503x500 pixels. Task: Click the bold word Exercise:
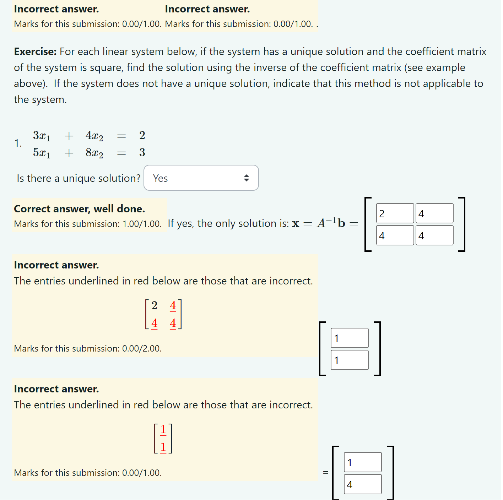pos(35,52)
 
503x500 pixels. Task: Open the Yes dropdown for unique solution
pos(201,178)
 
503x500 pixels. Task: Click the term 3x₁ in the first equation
pos(42,136)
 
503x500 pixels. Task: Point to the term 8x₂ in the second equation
pos(94,153)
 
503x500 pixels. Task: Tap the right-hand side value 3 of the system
pos(142,153)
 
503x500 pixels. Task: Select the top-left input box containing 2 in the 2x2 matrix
pos(395,213)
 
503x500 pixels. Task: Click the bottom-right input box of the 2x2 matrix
pos(434,235)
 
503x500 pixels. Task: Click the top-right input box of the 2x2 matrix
pos(434,213)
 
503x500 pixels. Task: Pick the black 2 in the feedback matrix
pos(154,305)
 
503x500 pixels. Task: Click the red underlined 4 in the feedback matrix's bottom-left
pos(154,323)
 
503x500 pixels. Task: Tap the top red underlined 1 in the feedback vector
pos(163,430)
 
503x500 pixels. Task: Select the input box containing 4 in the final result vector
pos(362,484)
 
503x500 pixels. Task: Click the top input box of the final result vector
pos(362,462)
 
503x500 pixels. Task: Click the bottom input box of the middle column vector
pos(350,360)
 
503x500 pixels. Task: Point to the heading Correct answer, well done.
pos(79,209)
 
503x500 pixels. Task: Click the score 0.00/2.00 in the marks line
pos(141,349)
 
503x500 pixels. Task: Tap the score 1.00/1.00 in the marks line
pos(141,224)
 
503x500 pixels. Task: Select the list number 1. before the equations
pos(18,143)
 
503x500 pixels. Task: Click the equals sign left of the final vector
pos(325,473)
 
